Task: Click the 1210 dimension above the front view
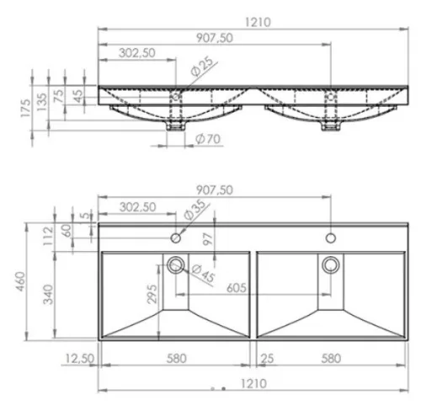258,22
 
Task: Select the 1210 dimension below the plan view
253,383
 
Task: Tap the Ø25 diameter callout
202,67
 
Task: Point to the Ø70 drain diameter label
208,139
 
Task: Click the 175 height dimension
26,108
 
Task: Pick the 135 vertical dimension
42,102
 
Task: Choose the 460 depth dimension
21,281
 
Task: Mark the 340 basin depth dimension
48,294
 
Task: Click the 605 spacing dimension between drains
237,288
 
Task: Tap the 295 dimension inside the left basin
152,294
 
